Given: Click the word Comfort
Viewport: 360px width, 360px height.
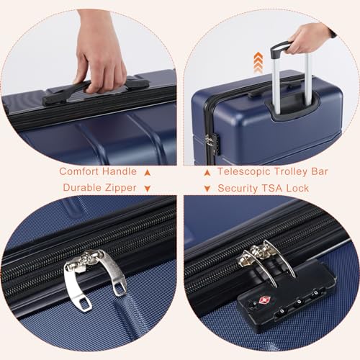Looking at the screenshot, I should tap(80, 172).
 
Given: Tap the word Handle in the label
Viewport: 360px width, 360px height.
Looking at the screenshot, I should tap(120, 172).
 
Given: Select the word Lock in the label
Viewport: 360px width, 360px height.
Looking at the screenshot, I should tap(299, 188).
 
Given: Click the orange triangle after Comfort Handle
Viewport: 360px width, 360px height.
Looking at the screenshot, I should tap(147, 172).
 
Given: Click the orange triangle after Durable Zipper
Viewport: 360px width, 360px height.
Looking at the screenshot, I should tap(147, 189).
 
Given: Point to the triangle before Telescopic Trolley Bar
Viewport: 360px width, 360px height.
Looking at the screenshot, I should tap(206, 172).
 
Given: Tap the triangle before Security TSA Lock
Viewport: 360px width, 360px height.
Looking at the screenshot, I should tap(206, 189).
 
